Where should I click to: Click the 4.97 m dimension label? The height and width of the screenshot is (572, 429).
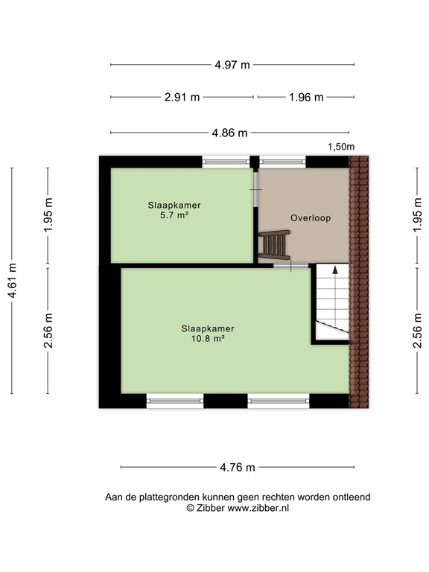click(x=232, y=65)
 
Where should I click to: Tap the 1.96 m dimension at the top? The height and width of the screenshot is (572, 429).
click(x=305, y=97)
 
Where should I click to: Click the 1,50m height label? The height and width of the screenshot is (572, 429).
click(x=341, y=147)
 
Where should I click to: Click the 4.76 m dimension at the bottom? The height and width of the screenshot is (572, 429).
click(x=238, y=468)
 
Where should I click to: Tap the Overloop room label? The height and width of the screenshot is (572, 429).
click(x=310, y=218)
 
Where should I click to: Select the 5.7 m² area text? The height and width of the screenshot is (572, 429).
click(x=174, y=215)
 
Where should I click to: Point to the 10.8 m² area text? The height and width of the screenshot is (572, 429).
click(x=208, y=338)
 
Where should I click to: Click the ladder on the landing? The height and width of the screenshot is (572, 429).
click(x=274, y=244)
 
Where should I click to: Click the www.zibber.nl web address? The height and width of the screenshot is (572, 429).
click(x=258, y=508)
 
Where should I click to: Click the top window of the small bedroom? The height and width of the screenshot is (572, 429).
click(x=226, y=161)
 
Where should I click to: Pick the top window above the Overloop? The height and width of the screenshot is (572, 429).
click(x=282, y=161)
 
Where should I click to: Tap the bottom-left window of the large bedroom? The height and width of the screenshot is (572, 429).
click(x=175, y=401)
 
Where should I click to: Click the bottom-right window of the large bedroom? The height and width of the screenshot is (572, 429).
click(x=278, y=401)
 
